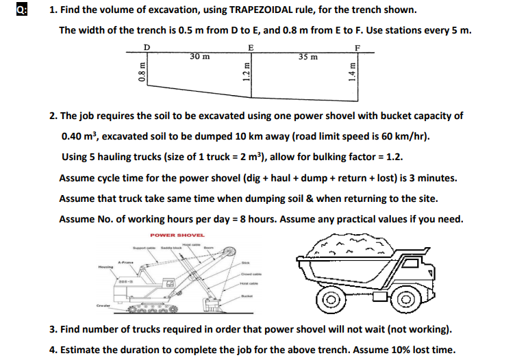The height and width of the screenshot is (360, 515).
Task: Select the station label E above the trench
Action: (x=251, y=47)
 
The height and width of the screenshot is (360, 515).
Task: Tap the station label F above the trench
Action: (x=357, y=47)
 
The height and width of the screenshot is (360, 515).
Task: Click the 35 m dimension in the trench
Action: (x=308, y=56)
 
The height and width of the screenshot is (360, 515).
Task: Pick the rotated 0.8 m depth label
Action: (x=141, y=70)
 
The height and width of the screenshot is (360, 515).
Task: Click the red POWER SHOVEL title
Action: (x=177, y=235)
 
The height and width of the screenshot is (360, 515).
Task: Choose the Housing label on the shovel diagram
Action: (x=105, y=266)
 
